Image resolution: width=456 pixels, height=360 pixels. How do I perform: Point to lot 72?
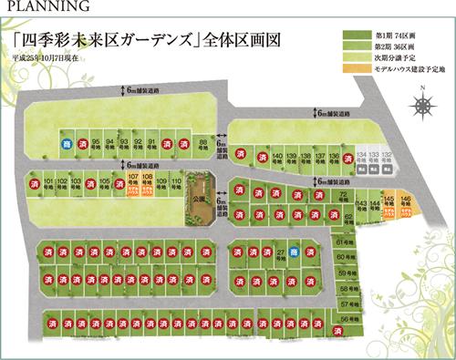point(343,197)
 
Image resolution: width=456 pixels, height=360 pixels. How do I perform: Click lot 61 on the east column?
point(344,242)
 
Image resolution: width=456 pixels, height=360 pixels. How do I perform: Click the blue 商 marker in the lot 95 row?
point(66,144)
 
